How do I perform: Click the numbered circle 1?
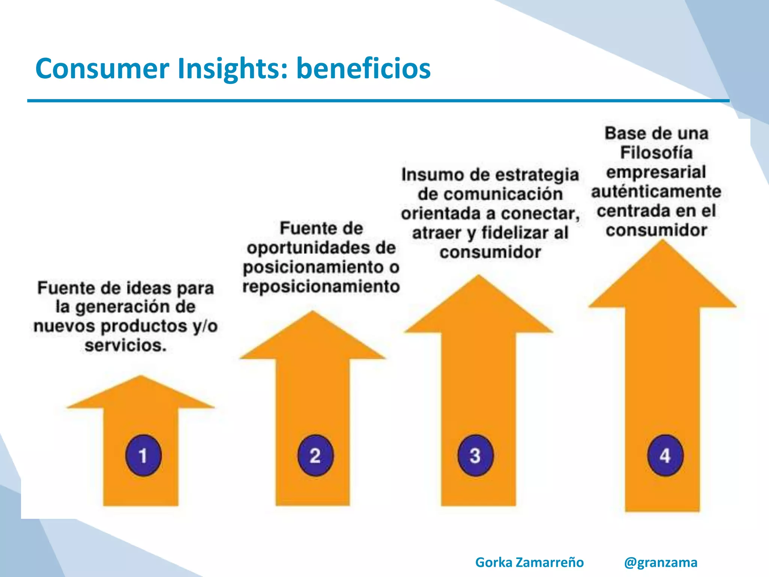[143, 455]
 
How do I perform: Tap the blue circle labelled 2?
[315, 455]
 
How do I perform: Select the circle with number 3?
[475, 455]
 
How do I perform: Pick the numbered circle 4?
[665, 455]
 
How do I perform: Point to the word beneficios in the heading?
[363, 69]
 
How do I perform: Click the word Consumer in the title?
[102, 69]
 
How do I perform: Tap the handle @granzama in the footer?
[660, 562]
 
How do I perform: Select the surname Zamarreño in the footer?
[549, 562]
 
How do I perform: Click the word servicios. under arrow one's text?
[125, 345]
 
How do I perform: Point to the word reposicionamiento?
[321, 287]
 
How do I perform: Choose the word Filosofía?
[656, 153]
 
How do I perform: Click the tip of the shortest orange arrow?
[141, 376]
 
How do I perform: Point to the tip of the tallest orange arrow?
[663, 241]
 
